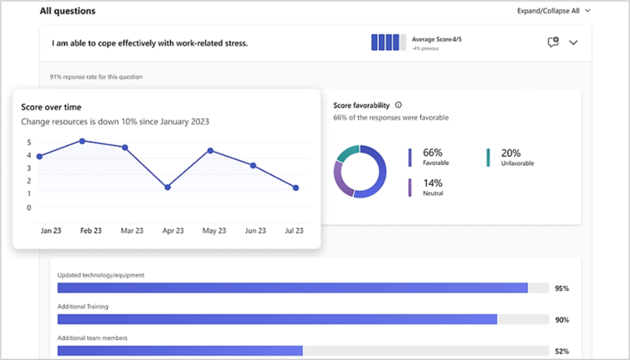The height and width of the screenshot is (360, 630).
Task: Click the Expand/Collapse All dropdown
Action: pyautogui.click(x=553, y=11)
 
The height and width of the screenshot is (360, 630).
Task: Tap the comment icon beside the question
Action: pyautogui.click(x=552, y=43)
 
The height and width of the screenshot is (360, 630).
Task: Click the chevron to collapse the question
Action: pyautogui.click(x=573, y=43)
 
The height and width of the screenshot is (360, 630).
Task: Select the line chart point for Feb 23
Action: pyautogui.click(x=82, y=140)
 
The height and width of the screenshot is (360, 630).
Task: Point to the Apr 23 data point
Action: pyautogui.click(x=167, y=187)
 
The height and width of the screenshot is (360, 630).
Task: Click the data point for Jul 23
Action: pyautogui.click(x=295, y=188)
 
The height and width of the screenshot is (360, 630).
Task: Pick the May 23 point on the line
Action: pyautogui.click(x=210, y=151)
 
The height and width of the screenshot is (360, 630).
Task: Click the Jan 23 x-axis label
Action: pyautogui.click(x=50, y=231)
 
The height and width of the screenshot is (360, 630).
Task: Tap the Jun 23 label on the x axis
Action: pyautogui.click(x=255, y=231)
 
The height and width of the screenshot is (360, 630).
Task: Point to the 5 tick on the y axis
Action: pyautogui.click(x=28, y=142)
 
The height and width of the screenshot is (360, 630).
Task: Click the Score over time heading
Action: pyautogui.click(x=51, y=107)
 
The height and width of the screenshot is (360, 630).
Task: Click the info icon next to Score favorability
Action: pyautogui.click(x=398, y=105)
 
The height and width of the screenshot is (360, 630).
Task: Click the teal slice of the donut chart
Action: pyautogui.click(x=347, y=153)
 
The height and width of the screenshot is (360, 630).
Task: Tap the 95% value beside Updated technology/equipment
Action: pyautogui.click(x=561, y=289)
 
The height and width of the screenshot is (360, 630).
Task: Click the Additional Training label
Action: pyautogui.click(x=82, y=307)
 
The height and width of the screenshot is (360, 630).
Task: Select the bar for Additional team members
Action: pyautogui.click(x=180, y=350)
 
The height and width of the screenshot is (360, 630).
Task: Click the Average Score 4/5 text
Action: pyautogui.click(x=436, y=39)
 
